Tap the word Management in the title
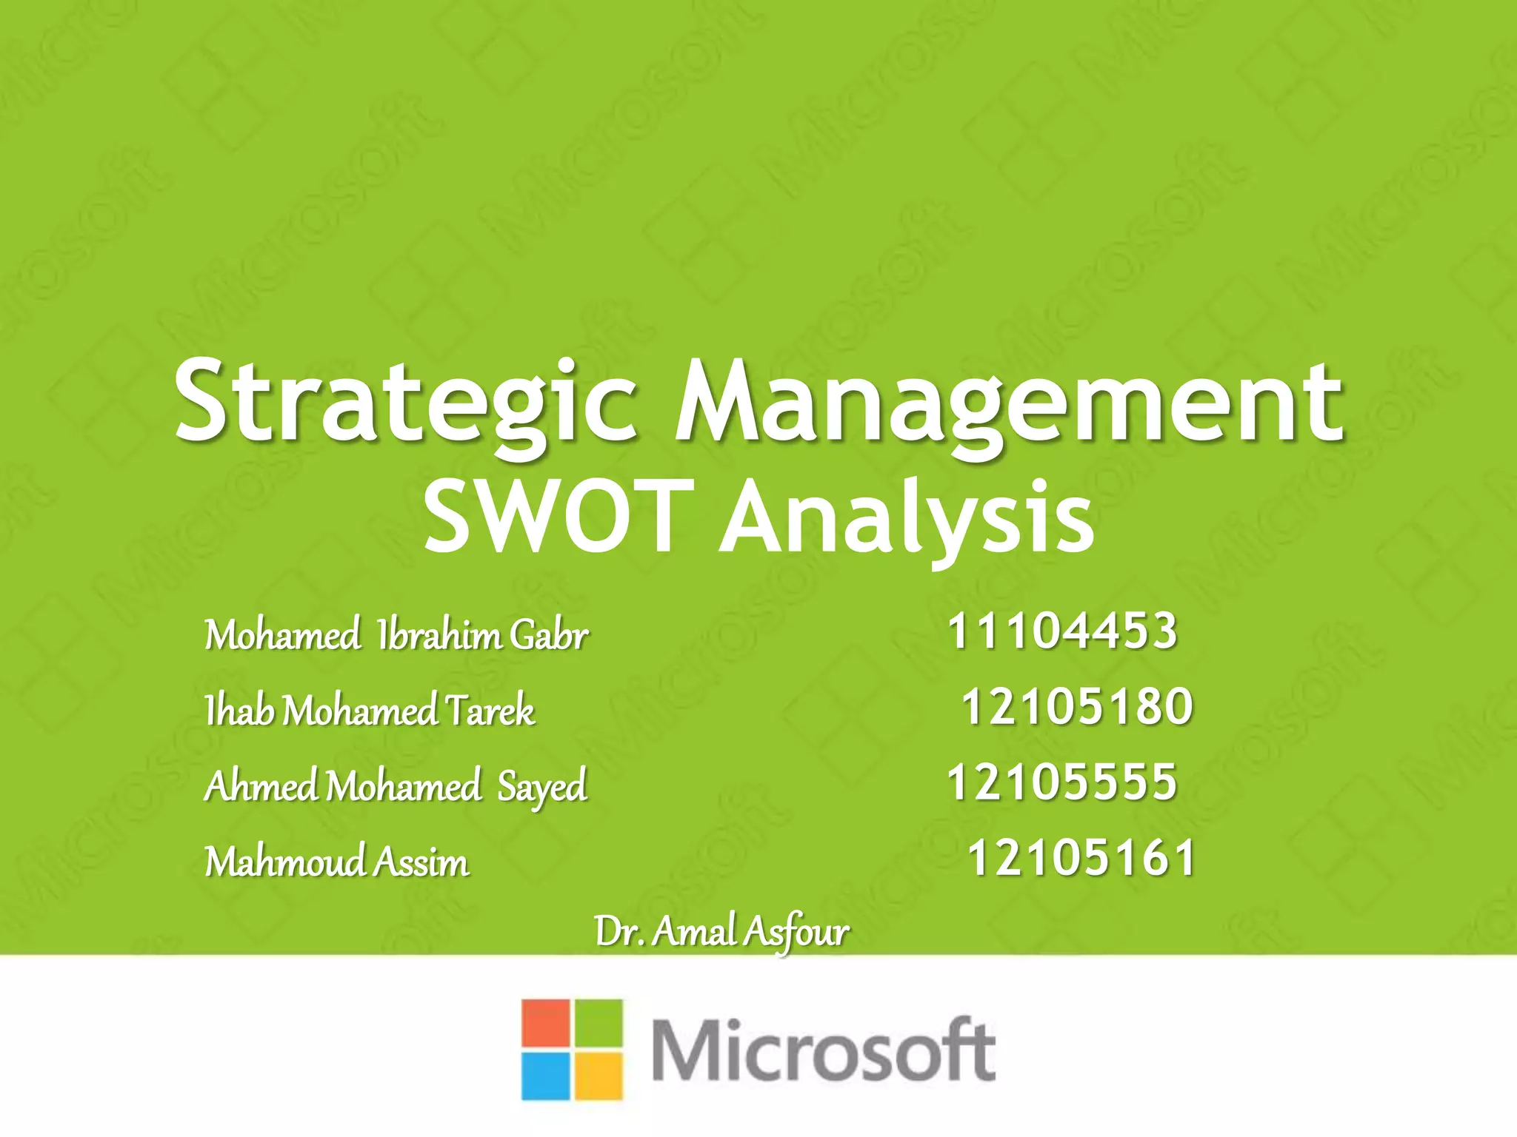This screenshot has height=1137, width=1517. coord(1009,405)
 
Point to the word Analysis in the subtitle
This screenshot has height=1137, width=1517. coord(907,518)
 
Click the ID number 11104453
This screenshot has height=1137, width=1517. coord(1062,631)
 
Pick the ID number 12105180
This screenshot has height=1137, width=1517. coord(1077,706)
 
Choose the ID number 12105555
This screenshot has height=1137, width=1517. coord(1062,782)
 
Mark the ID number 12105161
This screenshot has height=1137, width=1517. coord(1081,858)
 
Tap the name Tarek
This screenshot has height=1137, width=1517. coord(490,711)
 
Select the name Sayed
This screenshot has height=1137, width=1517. coord(542,787)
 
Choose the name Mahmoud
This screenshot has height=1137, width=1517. coord(285,862)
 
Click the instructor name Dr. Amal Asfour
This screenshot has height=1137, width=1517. coord(721,932)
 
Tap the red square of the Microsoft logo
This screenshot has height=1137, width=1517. coord(545,1023)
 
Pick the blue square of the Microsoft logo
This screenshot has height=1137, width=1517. coord(545,1076)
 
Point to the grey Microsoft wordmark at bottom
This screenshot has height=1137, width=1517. coord(823,1050)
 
